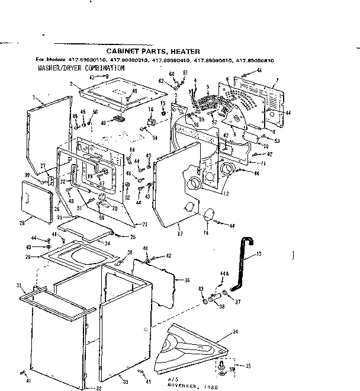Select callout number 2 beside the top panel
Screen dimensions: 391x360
coord(71,85)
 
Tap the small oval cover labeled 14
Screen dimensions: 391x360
coord(208,216)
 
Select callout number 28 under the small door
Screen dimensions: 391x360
coord(22,223)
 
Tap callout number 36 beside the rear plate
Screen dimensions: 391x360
coord(187,281)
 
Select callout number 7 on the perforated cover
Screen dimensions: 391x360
coord(276,80)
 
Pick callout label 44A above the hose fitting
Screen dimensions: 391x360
coord(223,274)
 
